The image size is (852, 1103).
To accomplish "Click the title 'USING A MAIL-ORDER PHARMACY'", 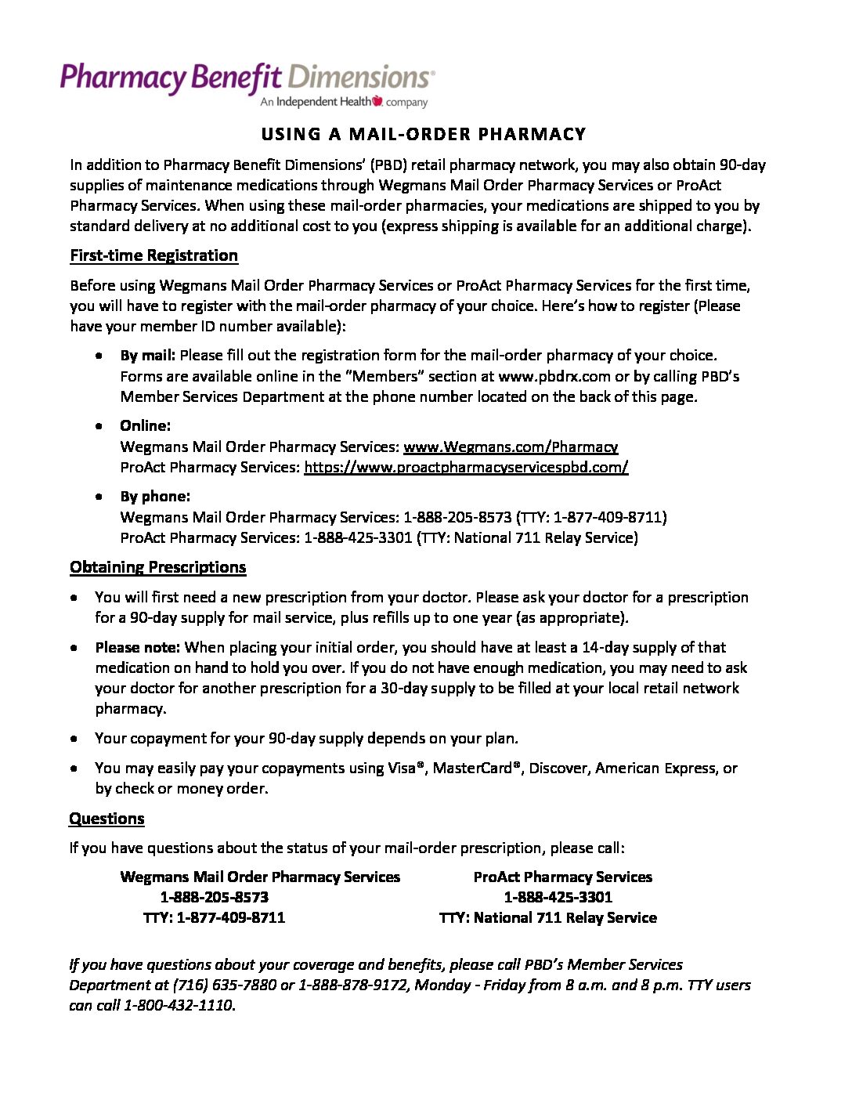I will tap(424, 135).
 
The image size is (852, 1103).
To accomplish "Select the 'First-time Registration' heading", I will tap(153, 255).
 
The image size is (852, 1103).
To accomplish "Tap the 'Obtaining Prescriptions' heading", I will tap(157, 567).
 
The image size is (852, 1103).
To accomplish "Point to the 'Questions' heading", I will tap(106, 819).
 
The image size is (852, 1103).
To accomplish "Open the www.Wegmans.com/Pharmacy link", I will tap(510, 447).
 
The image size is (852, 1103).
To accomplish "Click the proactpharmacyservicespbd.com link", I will tap(466, 467).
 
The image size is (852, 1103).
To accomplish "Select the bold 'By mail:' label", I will tap(148, 355).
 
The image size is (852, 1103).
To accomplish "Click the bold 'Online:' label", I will tap(145, 425).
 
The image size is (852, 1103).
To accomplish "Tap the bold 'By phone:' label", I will tap(155, 496).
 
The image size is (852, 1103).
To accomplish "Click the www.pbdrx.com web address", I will tap(554, 376).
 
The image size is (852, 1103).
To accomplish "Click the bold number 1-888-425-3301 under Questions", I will tap(558, 897).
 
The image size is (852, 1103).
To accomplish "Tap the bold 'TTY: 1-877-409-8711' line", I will tap(214, 917).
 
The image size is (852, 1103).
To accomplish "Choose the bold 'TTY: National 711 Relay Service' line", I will tap(547, 917).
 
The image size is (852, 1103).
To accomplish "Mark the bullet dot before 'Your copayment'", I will tap(74, 738).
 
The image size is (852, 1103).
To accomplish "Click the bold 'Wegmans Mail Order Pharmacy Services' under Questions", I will tap(260, 877).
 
